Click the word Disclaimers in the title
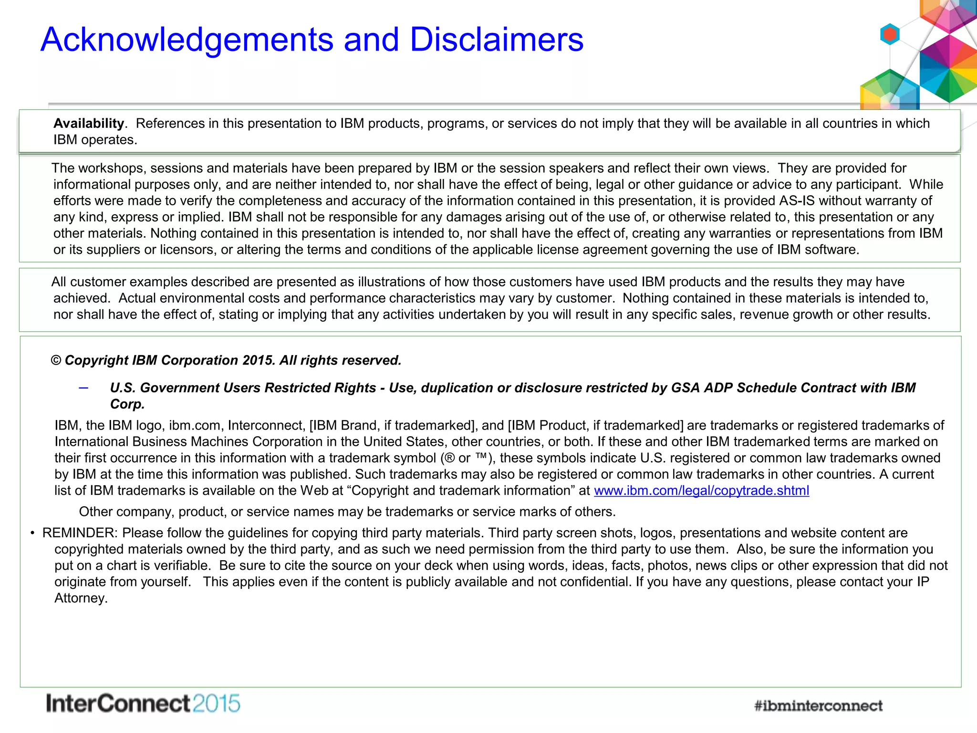click(497, 40)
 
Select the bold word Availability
click(89, 124)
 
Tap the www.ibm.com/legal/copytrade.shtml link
click(701, 491)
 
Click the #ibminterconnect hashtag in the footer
click(818, 705)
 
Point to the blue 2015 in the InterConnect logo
click(217, 704)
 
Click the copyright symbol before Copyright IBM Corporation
click(56, 360)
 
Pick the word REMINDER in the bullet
click(79, 533)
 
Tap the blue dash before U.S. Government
click(83, 388)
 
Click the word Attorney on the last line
click(80, 598)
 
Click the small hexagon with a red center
click(890, 34)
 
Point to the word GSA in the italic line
click(686, 388)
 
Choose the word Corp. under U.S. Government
click(127, 404)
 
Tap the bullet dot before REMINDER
click(32, 533)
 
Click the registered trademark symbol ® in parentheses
click(449, 458)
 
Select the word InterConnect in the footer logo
click(118, 704)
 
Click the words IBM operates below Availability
click(95, 140)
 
